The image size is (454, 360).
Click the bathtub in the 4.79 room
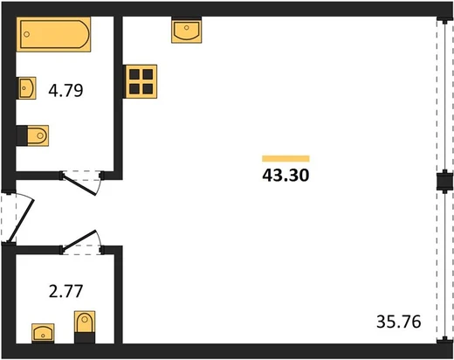point(53,34)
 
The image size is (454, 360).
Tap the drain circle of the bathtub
point(27,34)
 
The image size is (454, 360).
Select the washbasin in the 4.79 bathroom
point(26,88)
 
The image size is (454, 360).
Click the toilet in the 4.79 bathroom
point(32,135)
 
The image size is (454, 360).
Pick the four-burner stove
point(141,81)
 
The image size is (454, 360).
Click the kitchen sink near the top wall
point(187,31)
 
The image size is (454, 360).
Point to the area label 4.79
point(65,90)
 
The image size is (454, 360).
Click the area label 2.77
point(65,291)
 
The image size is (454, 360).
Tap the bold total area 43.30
point(285,176)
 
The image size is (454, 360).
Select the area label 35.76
point(399,322)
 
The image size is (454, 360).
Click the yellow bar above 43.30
point(285,158)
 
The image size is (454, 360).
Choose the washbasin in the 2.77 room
point(43,333)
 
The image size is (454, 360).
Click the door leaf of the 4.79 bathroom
point(79,184)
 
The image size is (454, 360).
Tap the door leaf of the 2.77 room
point(79,240)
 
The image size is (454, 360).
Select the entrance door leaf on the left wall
point(21,221)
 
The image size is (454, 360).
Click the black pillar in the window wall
point(445,181)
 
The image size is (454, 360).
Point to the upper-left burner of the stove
point(134,74)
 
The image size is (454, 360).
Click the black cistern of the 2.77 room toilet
point(85,338)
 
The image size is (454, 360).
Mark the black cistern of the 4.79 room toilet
point(22,135)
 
